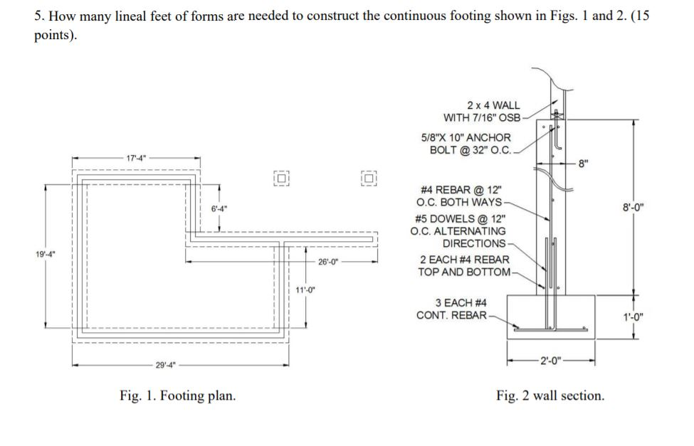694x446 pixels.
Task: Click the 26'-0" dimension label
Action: [x=329, y=261]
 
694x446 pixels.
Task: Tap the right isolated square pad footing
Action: [x=368, y=178]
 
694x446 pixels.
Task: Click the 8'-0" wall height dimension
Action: [x=634, y=208]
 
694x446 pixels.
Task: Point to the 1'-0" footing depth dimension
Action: [x=634, y=318]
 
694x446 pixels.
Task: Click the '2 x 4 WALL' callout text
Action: [x=493, y=105]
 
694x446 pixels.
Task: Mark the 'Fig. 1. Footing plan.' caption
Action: [x=177, y=395]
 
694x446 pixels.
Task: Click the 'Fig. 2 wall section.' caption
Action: [x=550, y=395]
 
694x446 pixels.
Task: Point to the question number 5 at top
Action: [x=38, y=16]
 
